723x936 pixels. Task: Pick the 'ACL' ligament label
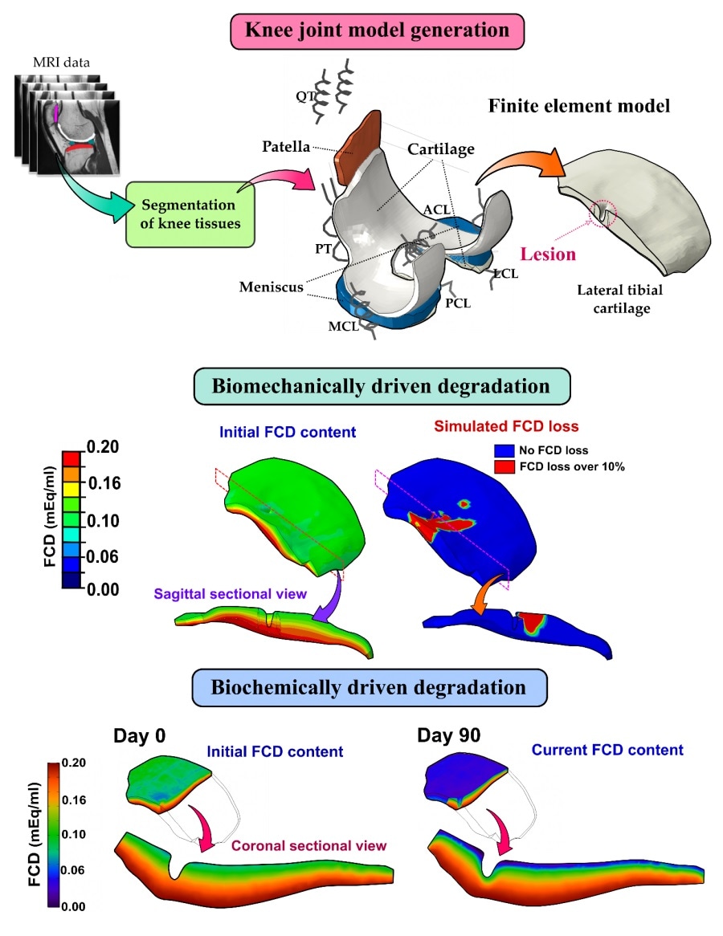coord(435,210)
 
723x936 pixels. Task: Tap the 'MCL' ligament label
coord(343,328)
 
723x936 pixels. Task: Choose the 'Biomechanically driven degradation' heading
coord(381,385)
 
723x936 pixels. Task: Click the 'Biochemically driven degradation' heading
coord(370,688)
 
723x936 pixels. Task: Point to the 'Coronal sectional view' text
coord(309,845)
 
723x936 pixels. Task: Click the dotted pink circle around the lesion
coord(601,214)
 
